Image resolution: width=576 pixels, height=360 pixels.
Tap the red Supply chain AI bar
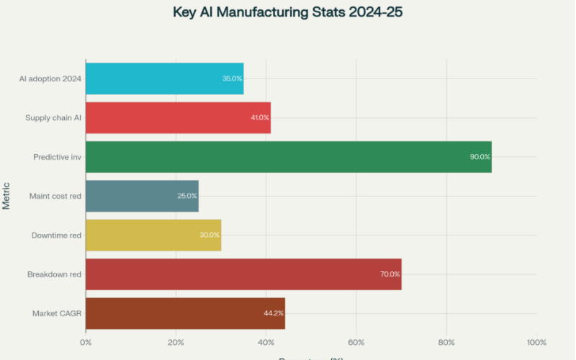[178, 117]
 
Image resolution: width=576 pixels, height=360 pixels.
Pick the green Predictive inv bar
[288, 157]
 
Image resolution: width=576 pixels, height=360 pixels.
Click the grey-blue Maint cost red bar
[142, 196]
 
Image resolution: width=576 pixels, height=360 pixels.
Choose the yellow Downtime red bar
[153, 235]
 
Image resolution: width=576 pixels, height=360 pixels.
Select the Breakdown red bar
[243, 274]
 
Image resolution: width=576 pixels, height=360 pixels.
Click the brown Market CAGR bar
[185, 313]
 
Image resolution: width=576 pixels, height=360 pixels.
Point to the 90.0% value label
[480, 157]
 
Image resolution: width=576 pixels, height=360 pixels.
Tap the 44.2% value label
[274, 313]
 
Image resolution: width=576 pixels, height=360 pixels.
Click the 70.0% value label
[390, 274]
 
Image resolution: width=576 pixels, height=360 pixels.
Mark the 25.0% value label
[187, 196]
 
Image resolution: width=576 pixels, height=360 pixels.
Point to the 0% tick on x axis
[86, 342]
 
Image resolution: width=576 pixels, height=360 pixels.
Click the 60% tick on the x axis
[356, 342]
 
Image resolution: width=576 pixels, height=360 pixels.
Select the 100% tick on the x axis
[536, 342]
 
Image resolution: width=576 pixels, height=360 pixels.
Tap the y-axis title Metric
[6, 196]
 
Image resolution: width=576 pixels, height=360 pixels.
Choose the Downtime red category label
[56, 235]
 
